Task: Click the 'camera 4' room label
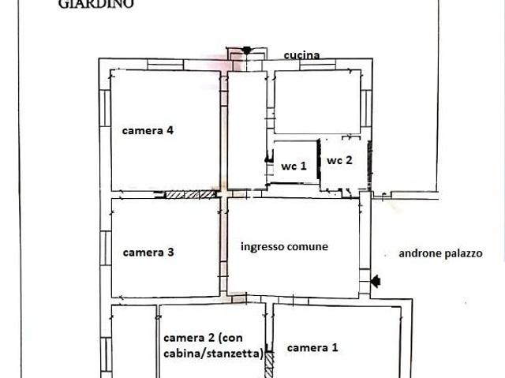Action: [148, 131]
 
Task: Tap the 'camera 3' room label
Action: [148, 253]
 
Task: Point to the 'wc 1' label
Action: [294, 167]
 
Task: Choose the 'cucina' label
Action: [302, 55]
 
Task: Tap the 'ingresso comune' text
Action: [284, 246]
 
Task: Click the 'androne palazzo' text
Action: [451, 254]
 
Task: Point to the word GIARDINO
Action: [96, 4]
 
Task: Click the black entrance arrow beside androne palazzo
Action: [375, 280]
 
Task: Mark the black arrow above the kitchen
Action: [246, 51]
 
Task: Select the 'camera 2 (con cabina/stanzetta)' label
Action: [213, 346]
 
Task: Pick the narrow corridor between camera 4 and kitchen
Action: [247, 130]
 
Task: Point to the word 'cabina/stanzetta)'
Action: [213, 354]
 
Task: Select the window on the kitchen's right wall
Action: [366, 107]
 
